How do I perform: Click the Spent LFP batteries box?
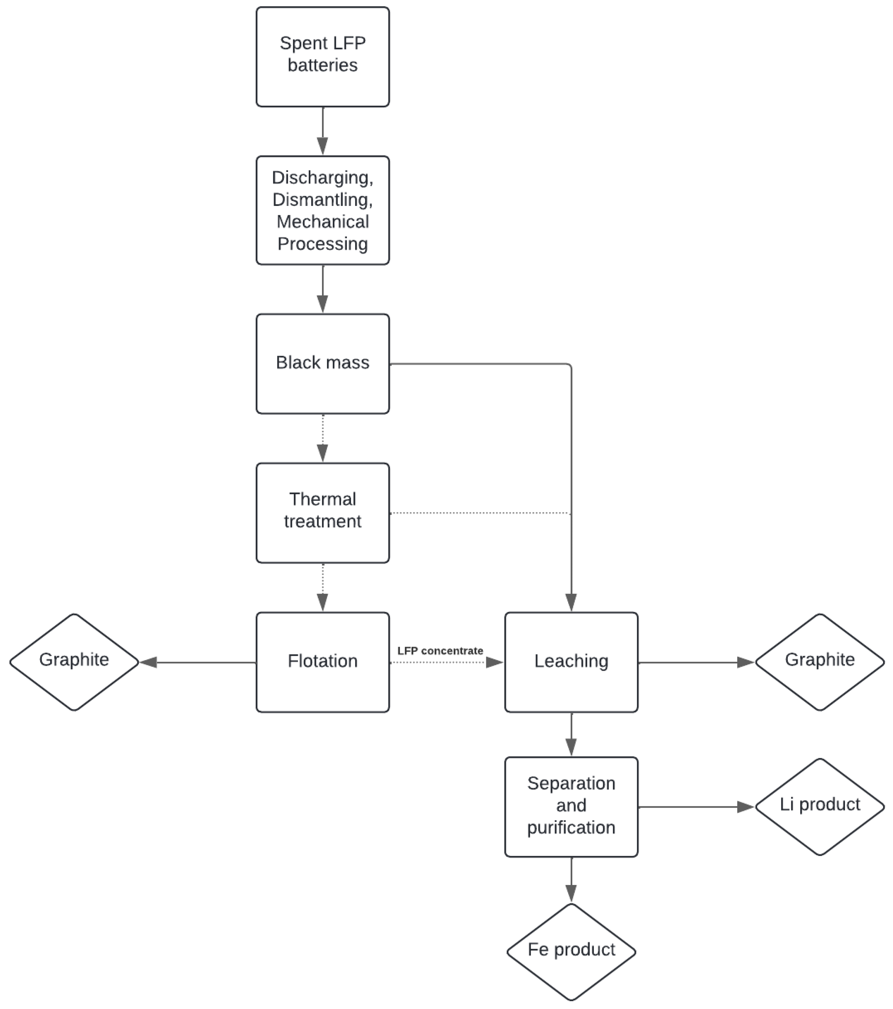322,57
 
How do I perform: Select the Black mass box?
322,363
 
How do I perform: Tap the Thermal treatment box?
322,512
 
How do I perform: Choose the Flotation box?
322,662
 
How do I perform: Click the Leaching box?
571,662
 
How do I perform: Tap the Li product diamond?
820,806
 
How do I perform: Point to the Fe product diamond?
571,950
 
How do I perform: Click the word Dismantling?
322,200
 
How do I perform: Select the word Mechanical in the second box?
322,222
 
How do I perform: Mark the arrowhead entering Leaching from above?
571,602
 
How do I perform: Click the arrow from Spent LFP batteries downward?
322,131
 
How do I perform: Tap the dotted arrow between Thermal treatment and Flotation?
322,587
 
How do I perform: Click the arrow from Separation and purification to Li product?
696,807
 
